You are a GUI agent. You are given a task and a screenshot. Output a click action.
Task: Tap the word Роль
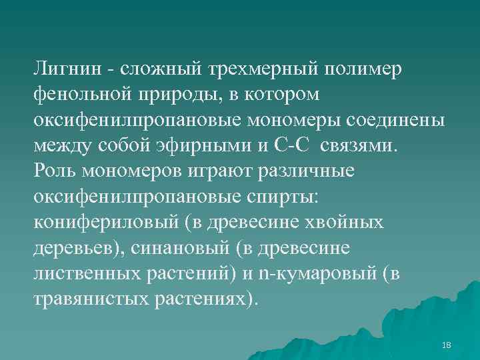pos(55,171)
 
